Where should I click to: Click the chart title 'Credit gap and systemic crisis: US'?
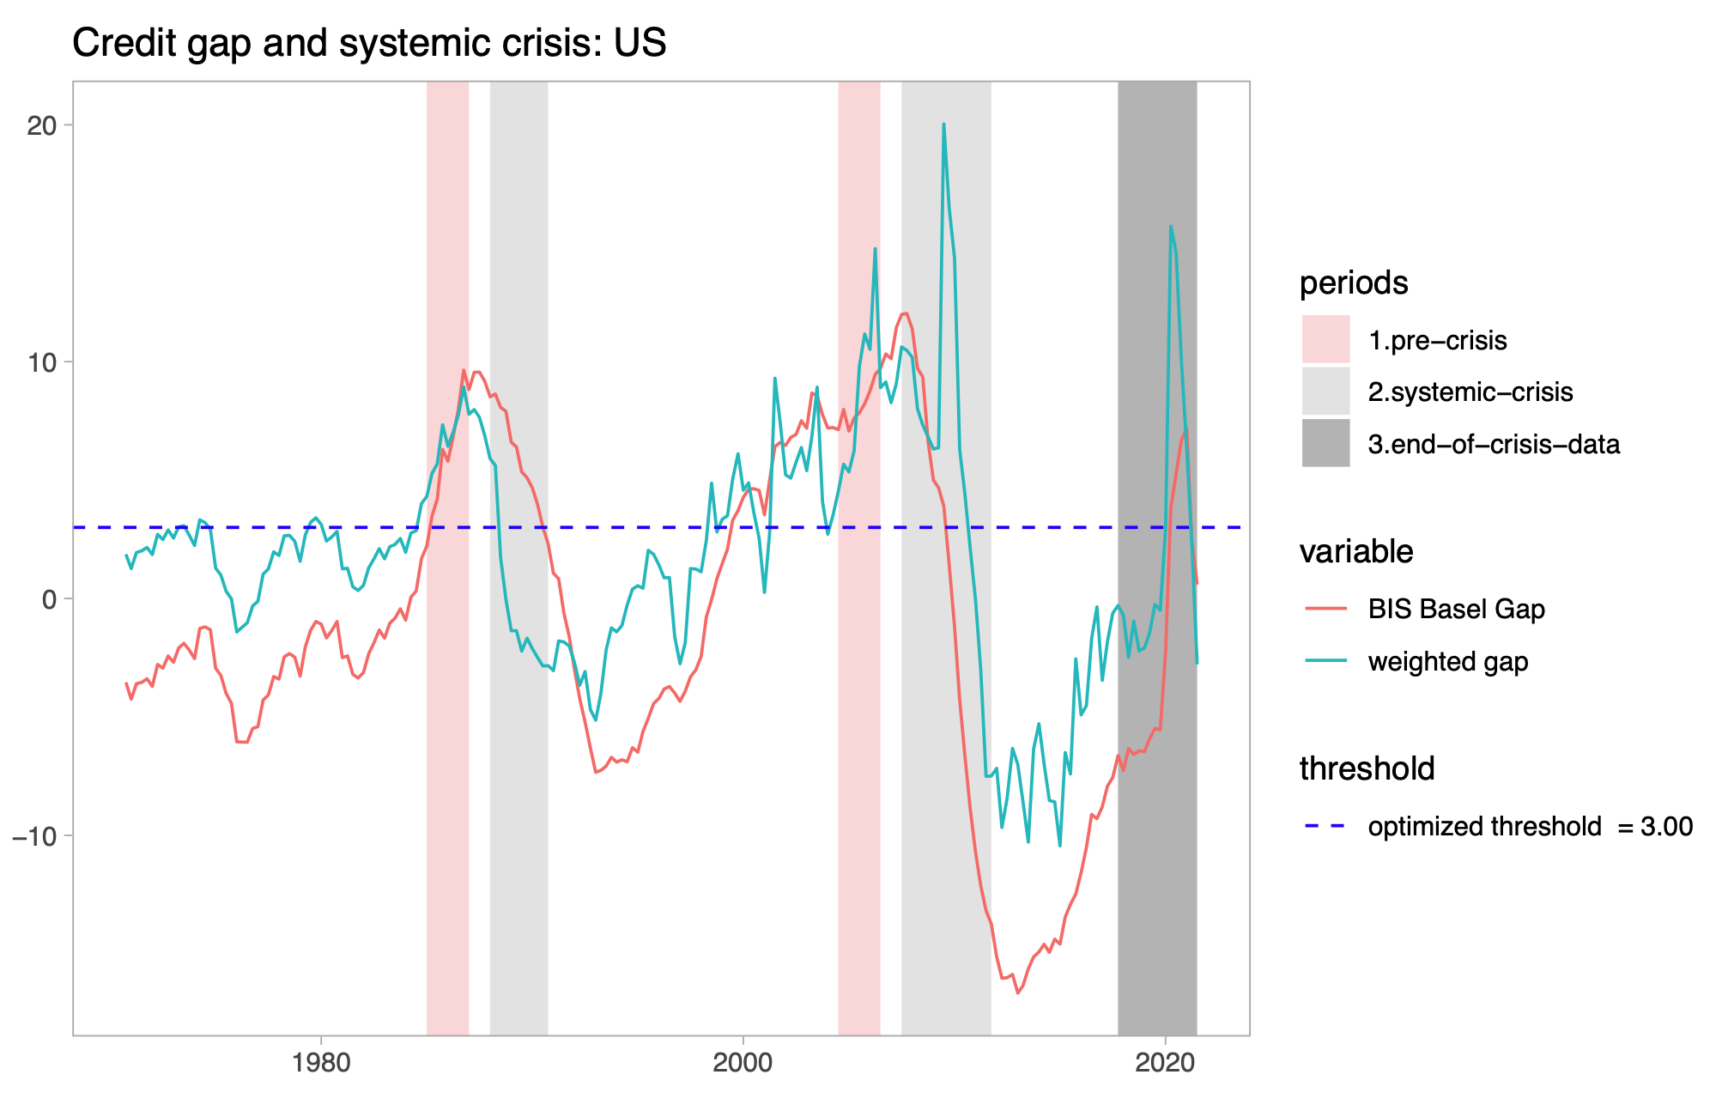pyautogui.click(x=369, y=43)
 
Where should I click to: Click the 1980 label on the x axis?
pyautogui.click(x=320, y=1063)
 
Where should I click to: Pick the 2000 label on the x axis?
pyautogui.click(x=743, y=1063)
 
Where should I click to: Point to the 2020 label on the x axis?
pyautogui.click(x=1165, y=1063)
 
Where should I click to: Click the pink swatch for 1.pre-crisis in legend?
pyautogui.click(x=1325, y=340)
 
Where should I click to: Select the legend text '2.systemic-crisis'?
pyautogui.click(x=1470, y=392)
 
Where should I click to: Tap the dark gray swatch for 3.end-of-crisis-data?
pyautogui.click(x=1325, y=444)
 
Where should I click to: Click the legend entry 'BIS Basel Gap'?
pyautogui.click(x=1456, y=610)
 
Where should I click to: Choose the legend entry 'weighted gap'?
pyautogui.click(x=1447, y=662)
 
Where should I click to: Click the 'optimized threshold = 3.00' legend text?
pyautogui.click(x=1530, y=827)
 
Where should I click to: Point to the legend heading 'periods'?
pyautogui.click(x=1354, y=283)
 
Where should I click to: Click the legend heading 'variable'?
pyautogui.click(x=1356, y=552)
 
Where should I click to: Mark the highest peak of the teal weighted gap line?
pyautogui.click(x=943, y=124)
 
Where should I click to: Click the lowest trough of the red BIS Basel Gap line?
pyautogui.click(x=1017, y=993)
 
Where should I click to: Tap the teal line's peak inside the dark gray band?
pyautogui.click(x=1170, y=227)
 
